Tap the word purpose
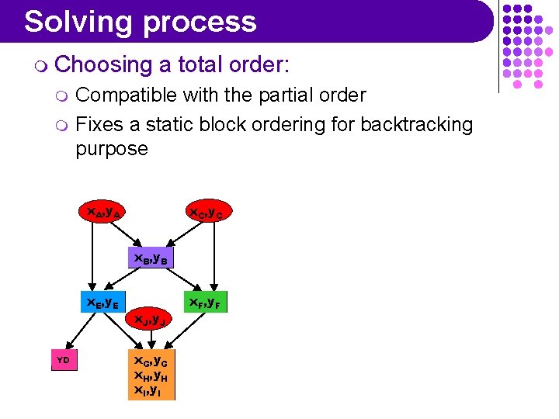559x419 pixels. point(111,148)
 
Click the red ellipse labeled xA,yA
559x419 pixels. point(102,211)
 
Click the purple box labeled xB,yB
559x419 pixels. point(151,258)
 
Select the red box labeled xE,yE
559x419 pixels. point(102,302)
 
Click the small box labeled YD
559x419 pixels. point(64,360)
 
